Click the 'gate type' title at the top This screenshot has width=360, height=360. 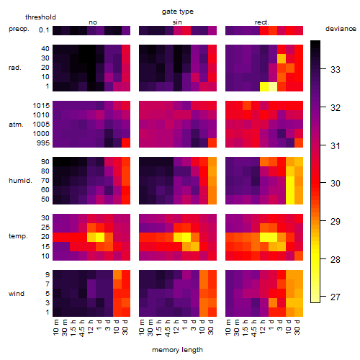click(178, 12)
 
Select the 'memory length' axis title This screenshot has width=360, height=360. click(177, 350)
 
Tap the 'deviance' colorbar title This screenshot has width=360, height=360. click(341, 29)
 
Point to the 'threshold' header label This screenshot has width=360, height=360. click(40, 17)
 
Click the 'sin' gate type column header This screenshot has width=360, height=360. click(177, 22)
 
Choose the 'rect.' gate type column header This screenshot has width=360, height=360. click(261, 22)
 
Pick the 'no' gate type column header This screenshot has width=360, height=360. click(93, 22)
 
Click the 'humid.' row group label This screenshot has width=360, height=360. click(20, 181)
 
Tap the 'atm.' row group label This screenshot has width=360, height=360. click(16, 125)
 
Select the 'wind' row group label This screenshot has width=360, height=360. click(17, 294)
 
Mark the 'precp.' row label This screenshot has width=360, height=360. click(19, 30)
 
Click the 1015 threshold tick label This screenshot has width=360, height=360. click(41, 106)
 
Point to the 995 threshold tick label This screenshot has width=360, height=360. click(43, 143)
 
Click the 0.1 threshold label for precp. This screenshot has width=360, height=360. click(44, 30)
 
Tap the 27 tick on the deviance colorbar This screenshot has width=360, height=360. click(335, 297)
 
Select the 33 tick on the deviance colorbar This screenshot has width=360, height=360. click(336, 70)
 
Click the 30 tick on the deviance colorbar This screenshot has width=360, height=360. click(336, 184)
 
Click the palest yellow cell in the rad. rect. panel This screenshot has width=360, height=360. click(273, 86)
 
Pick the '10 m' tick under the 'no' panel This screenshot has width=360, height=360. click(55, 327)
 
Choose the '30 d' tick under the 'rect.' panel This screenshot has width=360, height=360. click(297, 327)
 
